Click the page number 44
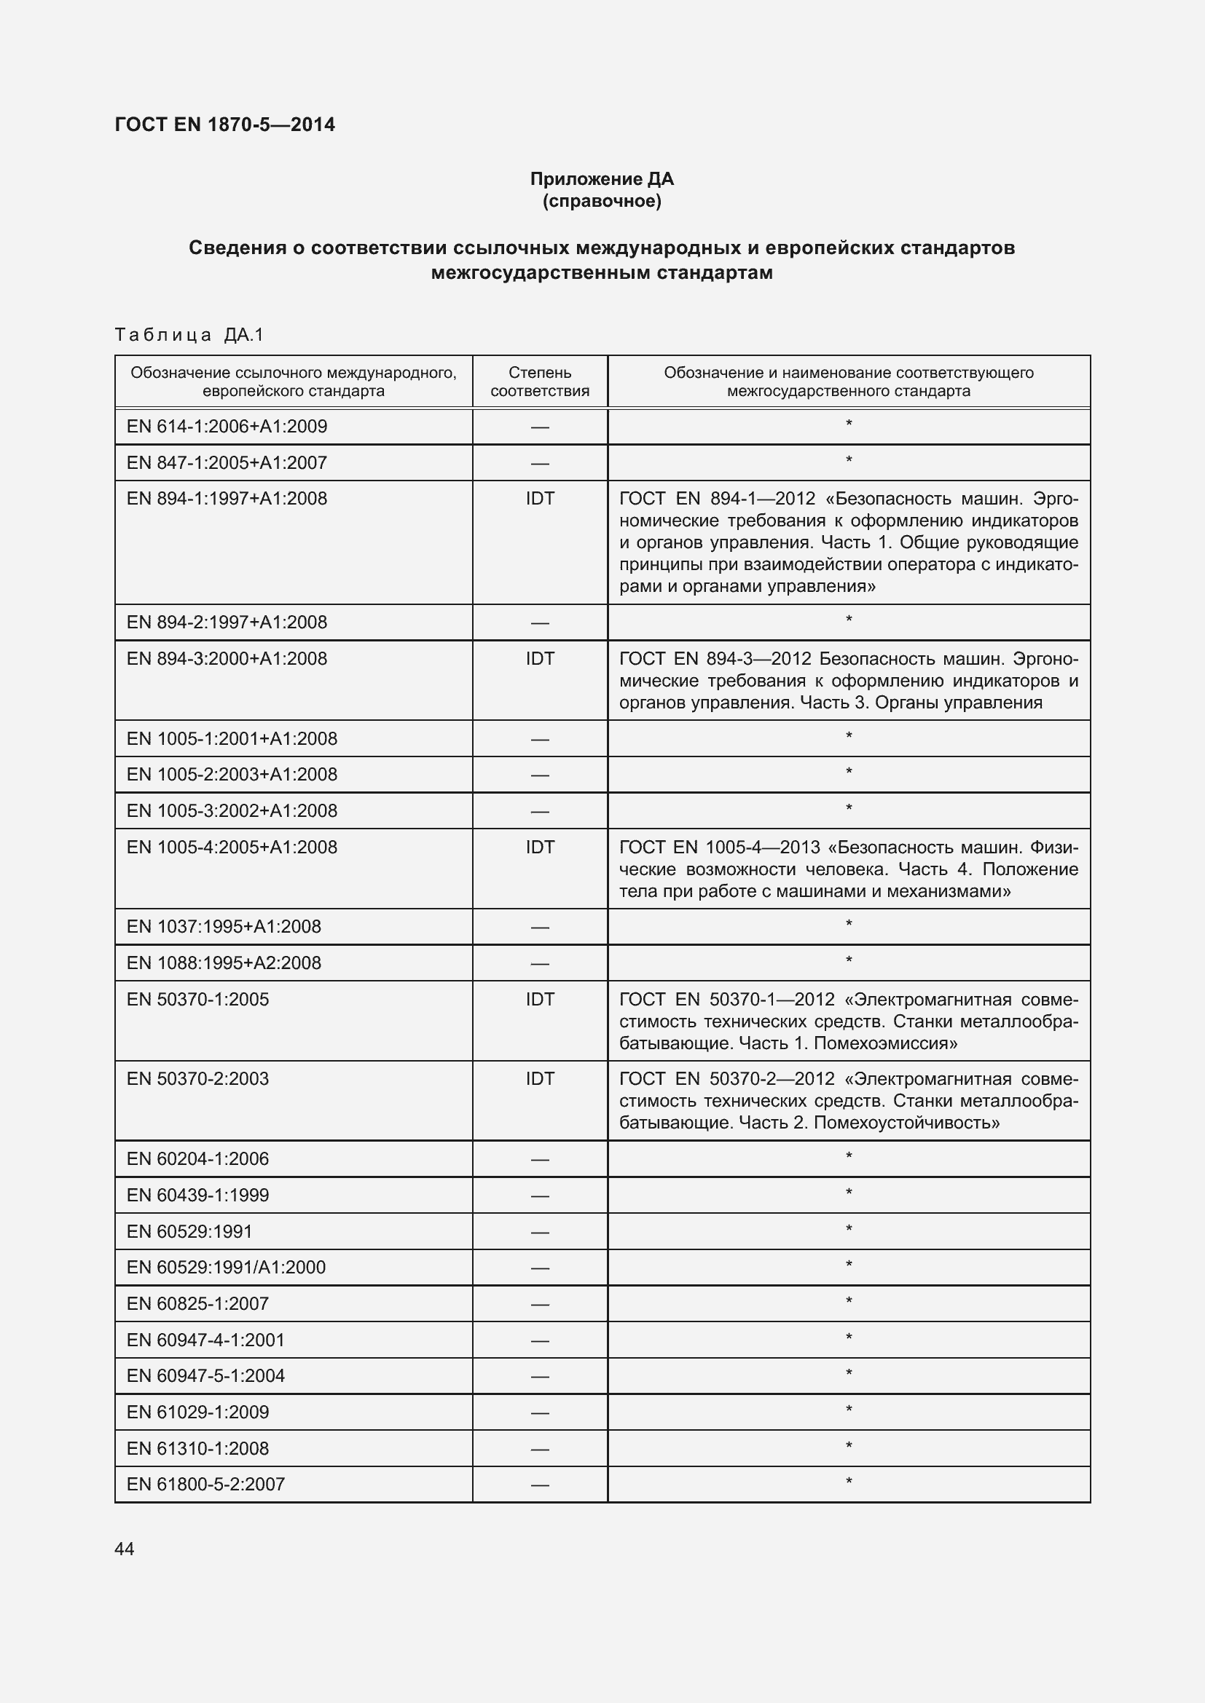point(125,1549)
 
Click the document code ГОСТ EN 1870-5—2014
point(225,125)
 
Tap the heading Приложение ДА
point(602,179)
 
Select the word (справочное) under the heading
point(602,201)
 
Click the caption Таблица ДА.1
point(190,335)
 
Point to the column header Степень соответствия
point(539,382)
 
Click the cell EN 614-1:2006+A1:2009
point(227,427)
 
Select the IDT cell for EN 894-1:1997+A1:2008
point(539,499)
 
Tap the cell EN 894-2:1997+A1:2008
point(227,623)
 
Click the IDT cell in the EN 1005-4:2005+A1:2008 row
point(539,847)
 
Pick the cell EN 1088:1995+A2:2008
point(224,963)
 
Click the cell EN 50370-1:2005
point(198,999)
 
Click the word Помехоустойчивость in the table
point(907,1122)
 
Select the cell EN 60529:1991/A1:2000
point(227,1267)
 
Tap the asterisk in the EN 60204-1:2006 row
point(849,1157)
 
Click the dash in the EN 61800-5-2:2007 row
point(539,1485)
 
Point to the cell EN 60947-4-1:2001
point(205,1340)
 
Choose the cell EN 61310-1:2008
point(198,1448)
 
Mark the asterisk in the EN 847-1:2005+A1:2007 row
point(849,461)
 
